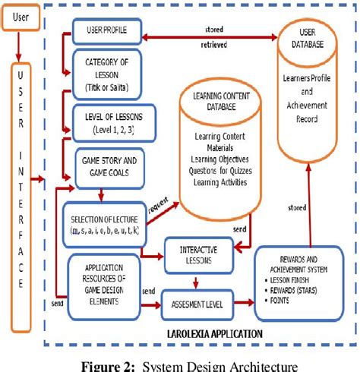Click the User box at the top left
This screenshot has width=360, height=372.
pyautogui.click(x=22, y=15)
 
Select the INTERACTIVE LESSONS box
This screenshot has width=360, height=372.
pyautogui.click(x=200, y=255)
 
